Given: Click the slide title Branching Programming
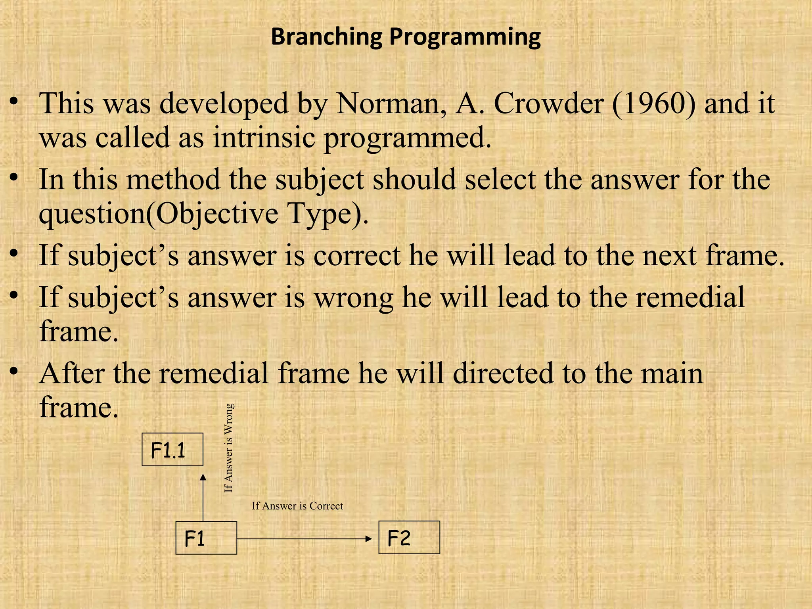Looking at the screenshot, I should pyautogui.click(x=406, y=37).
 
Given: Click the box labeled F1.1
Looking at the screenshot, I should pyautogui.click(x=172, y=450).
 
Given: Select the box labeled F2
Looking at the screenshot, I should pyautogui.click(x=409, y=538).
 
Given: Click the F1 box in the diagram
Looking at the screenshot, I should pyautogui.click(x=206, y=538).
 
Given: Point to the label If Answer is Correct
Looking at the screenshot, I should pyautogui.click(x=297, y=506).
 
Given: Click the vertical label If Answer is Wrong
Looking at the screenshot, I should pyautogui.click(x=229, y=448).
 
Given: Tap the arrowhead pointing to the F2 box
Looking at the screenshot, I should pyautogui.click(x=369, y=538).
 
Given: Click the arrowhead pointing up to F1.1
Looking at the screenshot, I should pyautogui.click(x=203, y=478).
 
